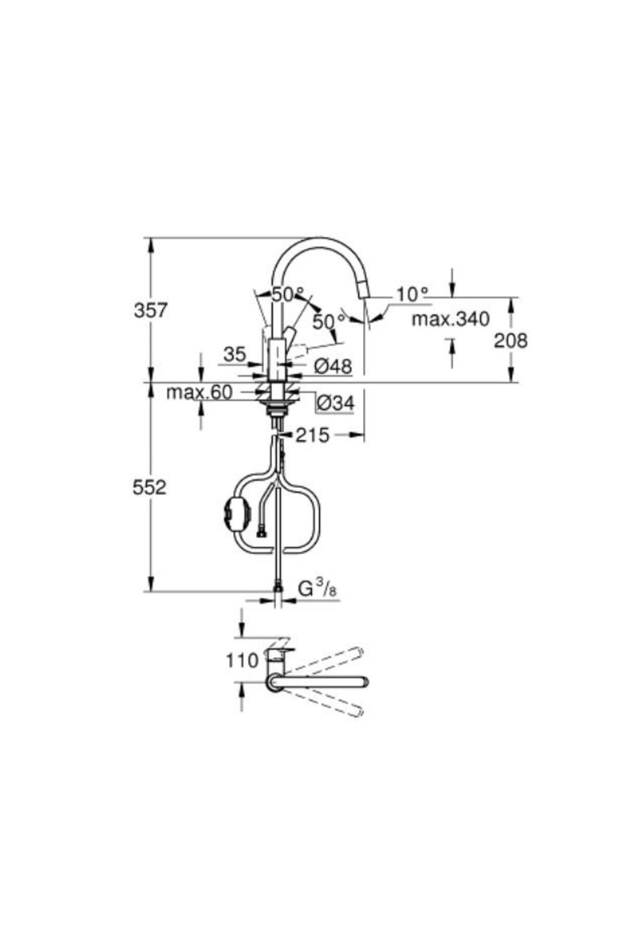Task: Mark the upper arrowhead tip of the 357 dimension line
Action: click(x=151, y=238)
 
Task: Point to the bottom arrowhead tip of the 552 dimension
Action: click(x=151, y=591)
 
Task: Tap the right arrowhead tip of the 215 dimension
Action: click(x=364, y=434)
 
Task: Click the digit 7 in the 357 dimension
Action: click(x=161, y=311)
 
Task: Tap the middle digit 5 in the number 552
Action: click(x=150, y=488)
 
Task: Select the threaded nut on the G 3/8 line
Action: click(x=279, y=588)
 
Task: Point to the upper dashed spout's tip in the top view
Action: click(x=359, y=651)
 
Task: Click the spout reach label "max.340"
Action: click(x=451, y=319)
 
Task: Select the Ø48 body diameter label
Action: click(x=333, y=366)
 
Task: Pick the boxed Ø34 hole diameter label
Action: click(x=335, y=402)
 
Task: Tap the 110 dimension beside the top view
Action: click(x=242, y=661)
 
